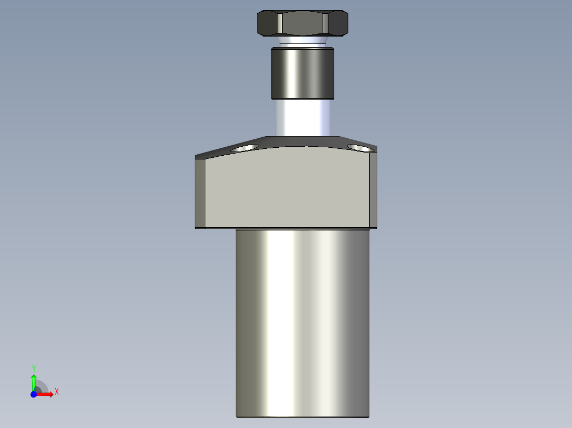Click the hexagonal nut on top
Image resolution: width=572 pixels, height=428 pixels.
click(x=302, y=23)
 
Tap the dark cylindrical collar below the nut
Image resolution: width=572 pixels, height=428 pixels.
click(x=302, y=73)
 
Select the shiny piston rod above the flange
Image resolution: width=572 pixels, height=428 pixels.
click(x=302, y=118)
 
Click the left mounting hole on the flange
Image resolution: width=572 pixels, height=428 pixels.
click(x=244, y=148)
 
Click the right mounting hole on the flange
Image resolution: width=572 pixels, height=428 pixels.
click(x=361, y=148)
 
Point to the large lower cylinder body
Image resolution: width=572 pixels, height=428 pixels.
click(x=302, y=323)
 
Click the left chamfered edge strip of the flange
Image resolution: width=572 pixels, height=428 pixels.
click(x=200, y=193)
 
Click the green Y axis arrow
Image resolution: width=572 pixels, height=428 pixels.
click(x=33, y=382)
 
